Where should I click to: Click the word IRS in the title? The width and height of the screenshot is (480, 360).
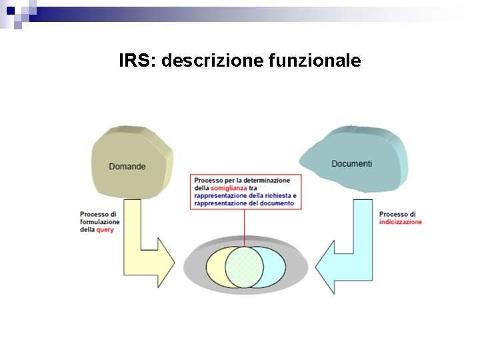pyautogui.click(x=137, y=61)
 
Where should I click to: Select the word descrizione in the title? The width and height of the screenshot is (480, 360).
pyautogui.click(x=213, y=61)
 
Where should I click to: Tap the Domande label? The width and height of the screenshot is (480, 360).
pyautogui.click(x=127, y=166)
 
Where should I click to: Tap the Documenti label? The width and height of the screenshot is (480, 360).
pyautogui.click(x=351, y=163)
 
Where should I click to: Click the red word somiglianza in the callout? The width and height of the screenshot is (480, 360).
pyautogui.click(x=229, y=188)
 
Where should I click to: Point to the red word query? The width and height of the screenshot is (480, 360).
pyautogui.click(x=105, y=229)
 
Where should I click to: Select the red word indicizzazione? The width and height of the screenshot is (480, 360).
pyautogui.click(x=400, y=222)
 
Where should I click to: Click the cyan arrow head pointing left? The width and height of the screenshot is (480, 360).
pyautogui.click(x=327, y=266)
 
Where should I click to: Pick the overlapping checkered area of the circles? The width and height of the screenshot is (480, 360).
pyautogui.click(x=245, y=267)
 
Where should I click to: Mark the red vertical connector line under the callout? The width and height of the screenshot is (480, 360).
pyautogui.click(x=245, y=227)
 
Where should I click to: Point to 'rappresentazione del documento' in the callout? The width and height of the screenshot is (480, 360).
pyautogui.click(x=244, y=203)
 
